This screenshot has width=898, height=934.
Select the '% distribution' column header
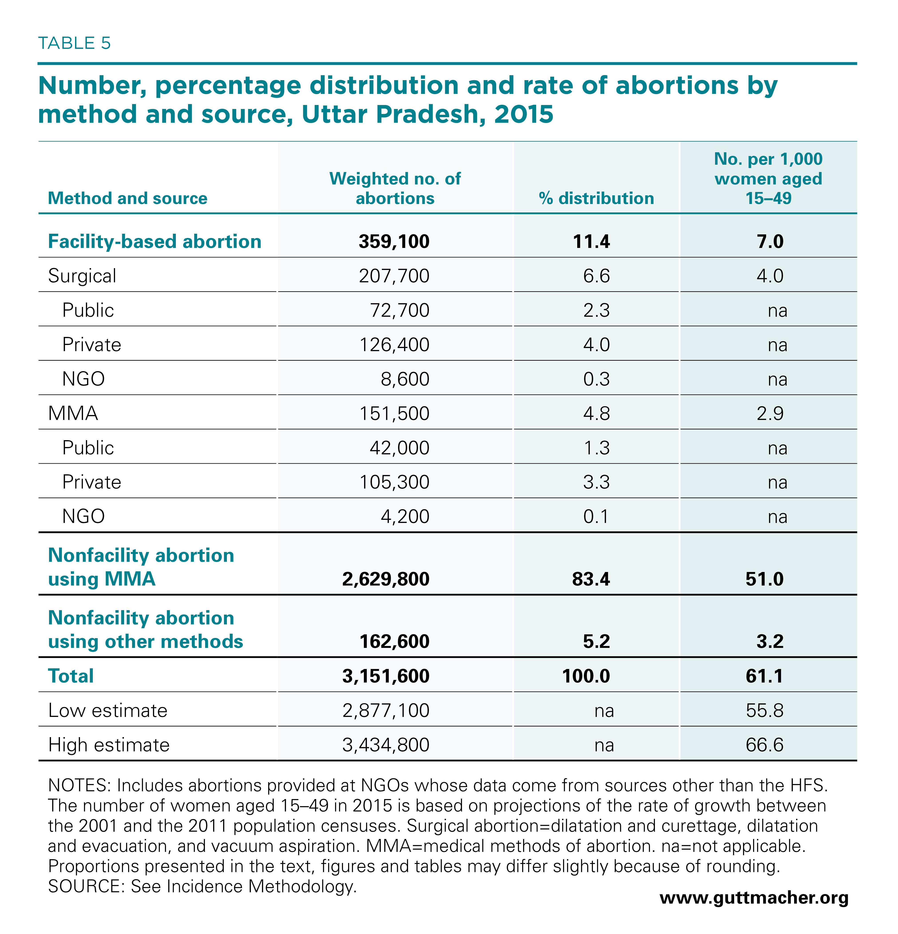[x=596, y=198]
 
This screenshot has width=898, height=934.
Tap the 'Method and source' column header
[x=128, y=198]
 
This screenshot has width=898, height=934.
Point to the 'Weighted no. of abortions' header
[x=395, y=188]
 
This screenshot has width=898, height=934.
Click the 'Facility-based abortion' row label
[x=155, y=241]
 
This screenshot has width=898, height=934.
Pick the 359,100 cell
[x=394, y=241]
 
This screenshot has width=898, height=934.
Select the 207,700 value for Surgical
[x=394, y=276]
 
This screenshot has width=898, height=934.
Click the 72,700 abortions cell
[x=399, y=310]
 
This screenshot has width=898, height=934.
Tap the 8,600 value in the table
[x=405, y=379]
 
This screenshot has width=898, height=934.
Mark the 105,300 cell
[x=394, y=482]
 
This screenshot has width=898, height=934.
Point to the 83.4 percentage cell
[x=591, y=579]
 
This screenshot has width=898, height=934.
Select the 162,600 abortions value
[x=394, y=641]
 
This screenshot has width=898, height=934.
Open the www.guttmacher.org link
[x=754, y=898]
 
